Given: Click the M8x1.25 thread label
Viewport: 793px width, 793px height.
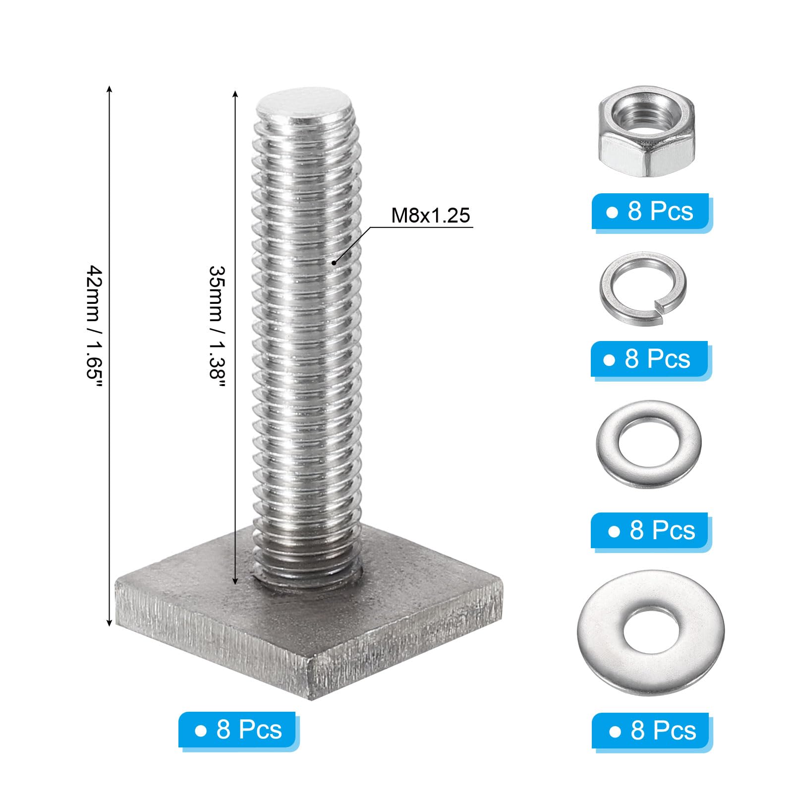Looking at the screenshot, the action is pyautogui.click(x=430, y=216).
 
